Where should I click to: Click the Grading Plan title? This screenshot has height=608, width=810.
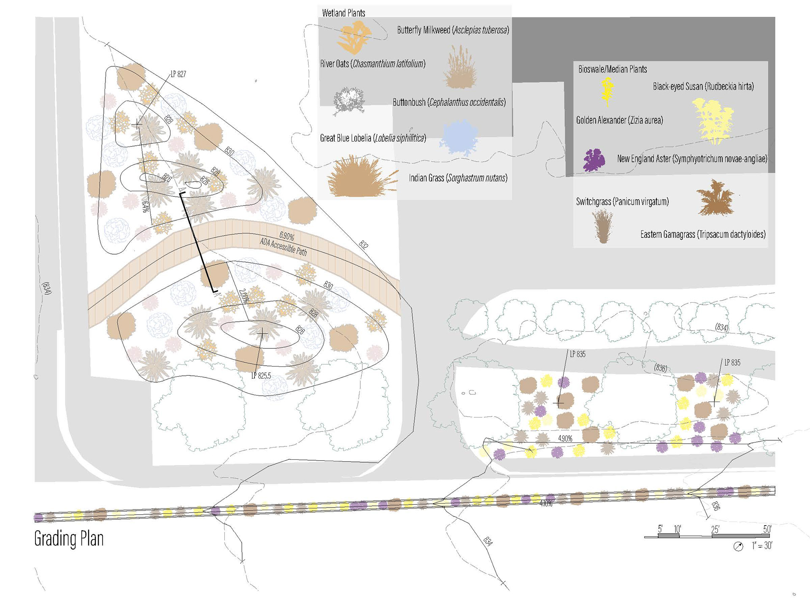pyautogui.click(x=69, y=539)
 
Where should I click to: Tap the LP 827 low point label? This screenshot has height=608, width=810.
pyautogui.click(x=178, y=74)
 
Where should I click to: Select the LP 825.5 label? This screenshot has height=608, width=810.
pyautogui.click(x=261, y=375)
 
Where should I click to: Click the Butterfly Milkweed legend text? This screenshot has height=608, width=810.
pyautogui.click(x=453, y=30)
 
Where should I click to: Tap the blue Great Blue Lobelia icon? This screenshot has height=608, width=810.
pyautogui.click(x=459, y=138)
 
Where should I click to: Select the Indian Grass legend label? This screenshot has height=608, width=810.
pyautogui.click(x=458, y=178)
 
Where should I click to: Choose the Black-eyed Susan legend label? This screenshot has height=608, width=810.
pyautogui.click(x=703, y=87)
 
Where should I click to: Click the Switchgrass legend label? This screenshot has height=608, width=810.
pyautogui.click(x=622, y=201)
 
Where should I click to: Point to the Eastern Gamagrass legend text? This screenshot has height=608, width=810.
pyautogui.click(x=703, y=234)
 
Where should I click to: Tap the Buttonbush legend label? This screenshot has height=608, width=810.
pyautogui.click(x=449, y=102)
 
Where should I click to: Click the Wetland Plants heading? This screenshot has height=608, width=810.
pyautogui.click(x=343, y=13)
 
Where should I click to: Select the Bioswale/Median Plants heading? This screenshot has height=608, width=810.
pyautogui.click(x=612, y=69)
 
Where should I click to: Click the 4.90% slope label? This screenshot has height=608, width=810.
pyautogui.click(x=565, y=438)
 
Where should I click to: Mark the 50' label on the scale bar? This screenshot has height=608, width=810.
pyautogui.click(x=767, y=529)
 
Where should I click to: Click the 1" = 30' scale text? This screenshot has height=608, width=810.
pyautogui.click(x=762, y=546)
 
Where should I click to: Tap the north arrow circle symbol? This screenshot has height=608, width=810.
pyautogui.click(x=738, y=547)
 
